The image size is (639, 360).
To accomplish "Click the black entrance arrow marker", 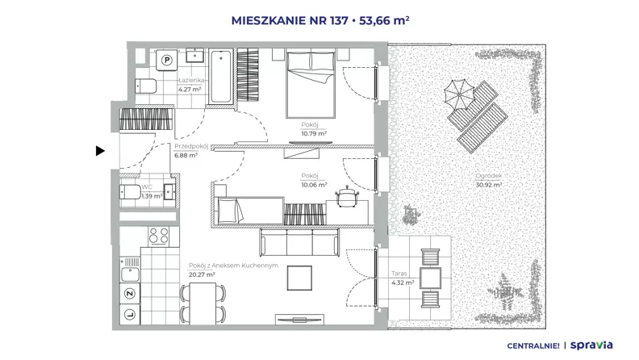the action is click(x=100, y=151).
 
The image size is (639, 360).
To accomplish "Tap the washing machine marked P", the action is click(x=166, y=61).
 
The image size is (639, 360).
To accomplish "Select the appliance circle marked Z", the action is click(x=130, y=294).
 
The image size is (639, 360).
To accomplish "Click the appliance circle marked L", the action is click(x=130, y=314).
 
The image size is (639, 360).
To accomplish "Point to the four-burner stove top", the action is click(x=159, y=236).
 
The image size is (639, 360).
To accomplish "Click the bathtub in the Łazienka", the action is click(x=221, y=76).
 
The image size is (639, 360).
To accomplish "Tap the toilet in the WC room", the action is click(x=130, y=191).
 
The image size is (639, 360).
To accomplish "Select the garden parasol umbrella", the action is click(x=459, y=94).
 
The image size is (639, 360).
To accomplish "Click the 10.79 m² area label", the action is click(x=314, y=134).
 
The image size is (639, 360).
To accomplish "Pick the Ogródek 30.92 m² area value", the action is click(x=489, y=185).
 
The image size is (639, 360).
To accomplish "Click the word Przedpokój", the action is click(x=191, y=146).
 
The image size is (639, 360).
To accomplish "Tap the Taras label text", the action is click(x=399, y=274).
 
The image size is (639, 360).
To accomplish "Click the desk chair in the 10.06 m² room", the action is click(x=347, y=195).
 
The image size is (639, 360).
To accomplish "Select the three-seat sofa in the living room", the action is click(x=299, y=242).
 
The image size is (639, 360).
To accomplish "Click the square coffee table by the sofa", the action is click(x=299, y=278).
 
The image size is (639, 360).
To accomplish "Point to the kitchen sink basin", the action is click(x=130, y=274).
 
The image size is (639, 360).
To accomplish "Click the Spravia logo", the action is click(x=591, y=345).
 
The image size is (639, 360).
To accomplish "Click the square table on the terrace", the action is click(x=430, y=278).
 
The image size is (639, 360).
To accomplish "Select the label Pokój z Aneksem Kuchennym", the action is click(x=233, y=266).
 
